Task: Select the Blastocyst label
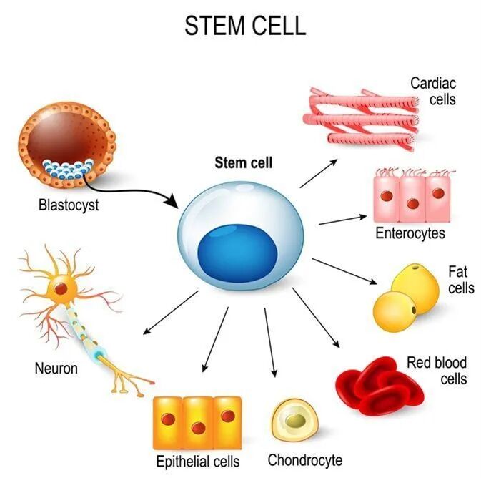tap(69, 205)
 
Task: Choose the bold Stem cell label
tap(243, 163)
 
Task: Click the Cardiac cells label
tap(432, 91)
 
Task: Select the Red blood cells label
tap(436, 371)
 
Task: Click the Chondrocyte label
tap(304, 459)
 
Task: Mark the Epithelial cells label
tap(197, 461)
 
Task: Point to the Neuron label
tap(55, 369)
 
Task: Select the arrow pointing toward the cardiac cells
tap(318, 172)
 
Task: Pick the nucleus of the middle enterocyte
tap(412, 203)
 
